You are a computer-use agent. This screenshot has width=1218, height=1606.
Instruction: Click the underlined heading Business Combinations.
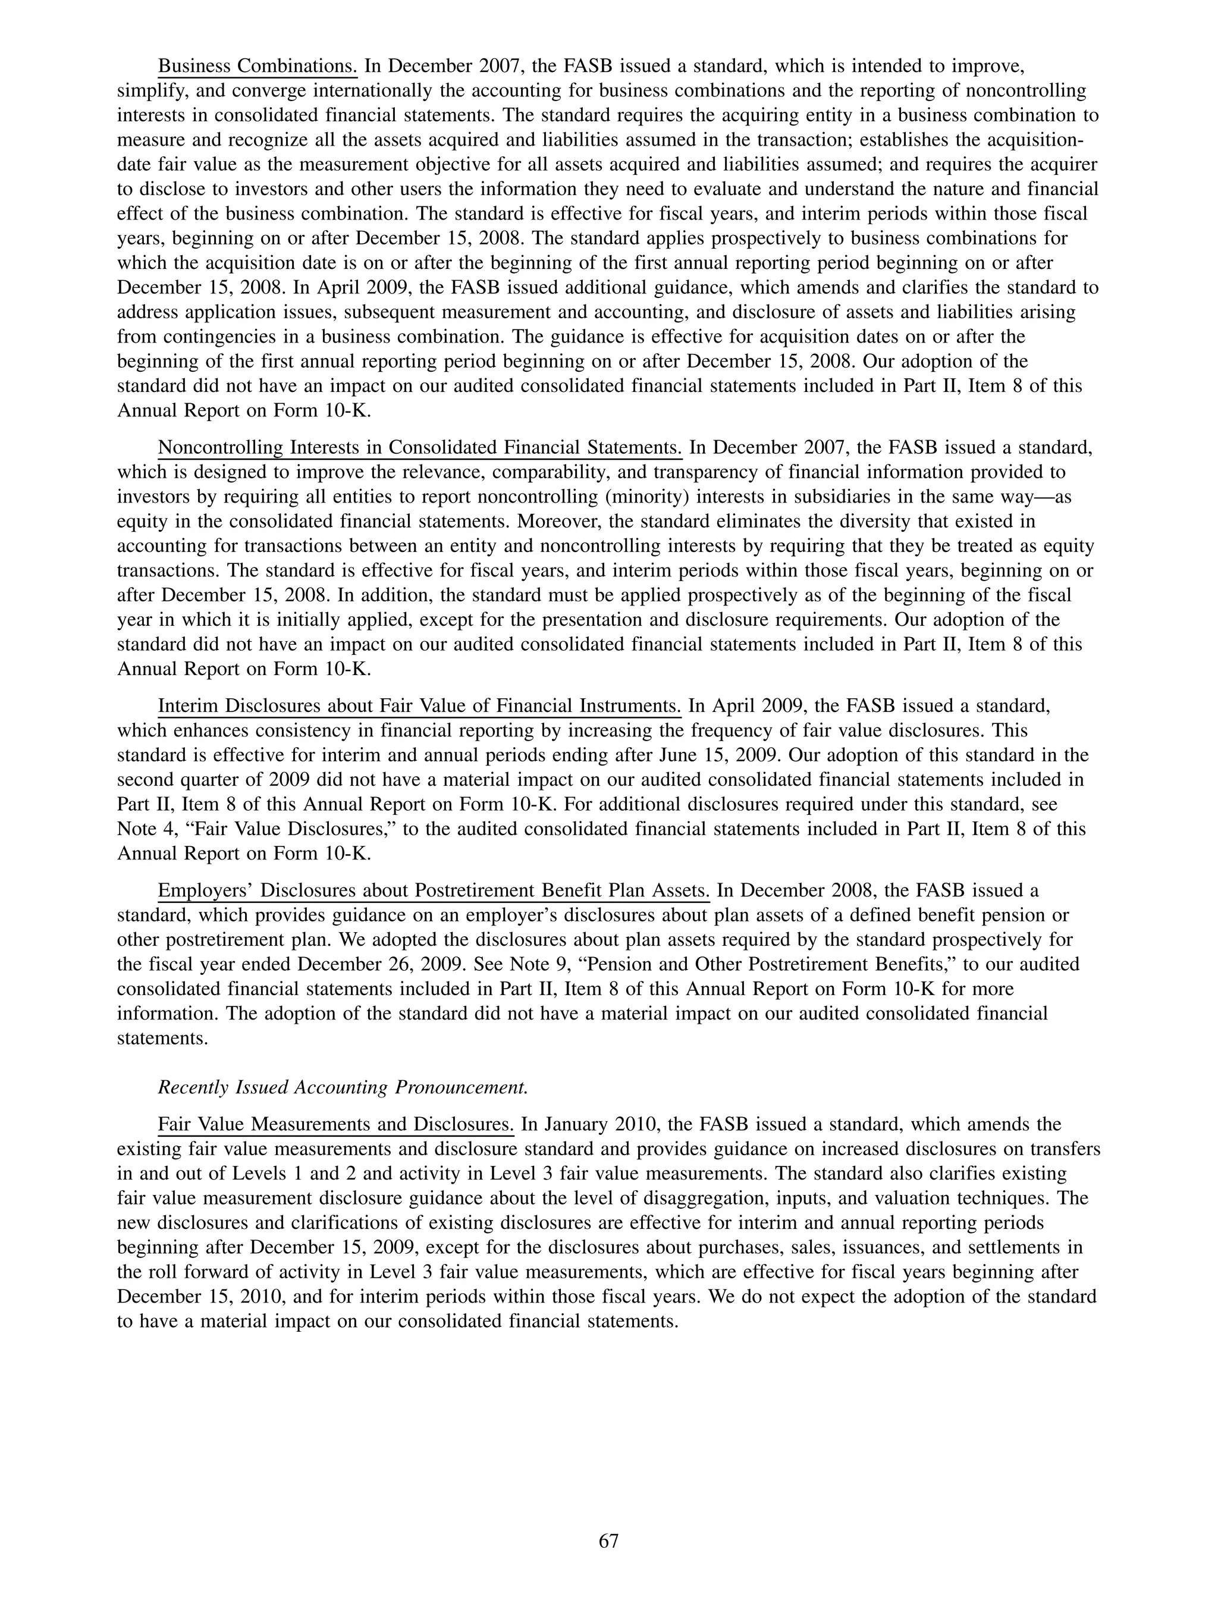(x=258, y=67)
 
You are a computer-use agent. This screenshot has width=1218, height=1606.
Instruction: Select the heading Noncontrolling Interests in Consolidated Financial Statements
(x=419, y=447)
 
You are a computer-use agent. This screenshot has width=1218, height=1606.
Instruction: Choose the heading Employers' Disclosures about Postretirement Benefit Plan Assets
(x=434, y=891)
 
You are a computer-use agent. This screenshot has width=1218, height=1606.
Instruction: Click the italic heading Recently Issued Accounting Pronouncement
(x=343, y=1087)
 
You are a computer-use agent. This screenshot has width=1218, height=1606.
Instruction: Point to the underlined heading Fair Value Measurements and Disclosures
(x=335, y=1125)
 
